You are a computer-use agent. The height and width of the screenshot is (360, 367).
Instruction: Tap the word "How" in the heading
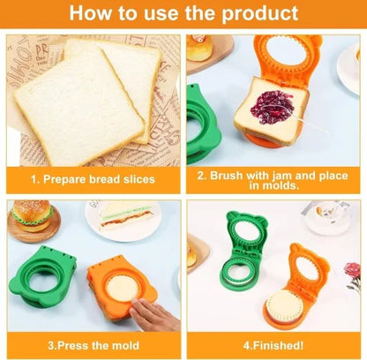click(x=92, y=14)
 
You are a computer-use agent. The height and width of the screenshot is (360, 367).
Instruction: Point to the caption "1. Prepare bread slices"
click(x=93, y=179)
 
